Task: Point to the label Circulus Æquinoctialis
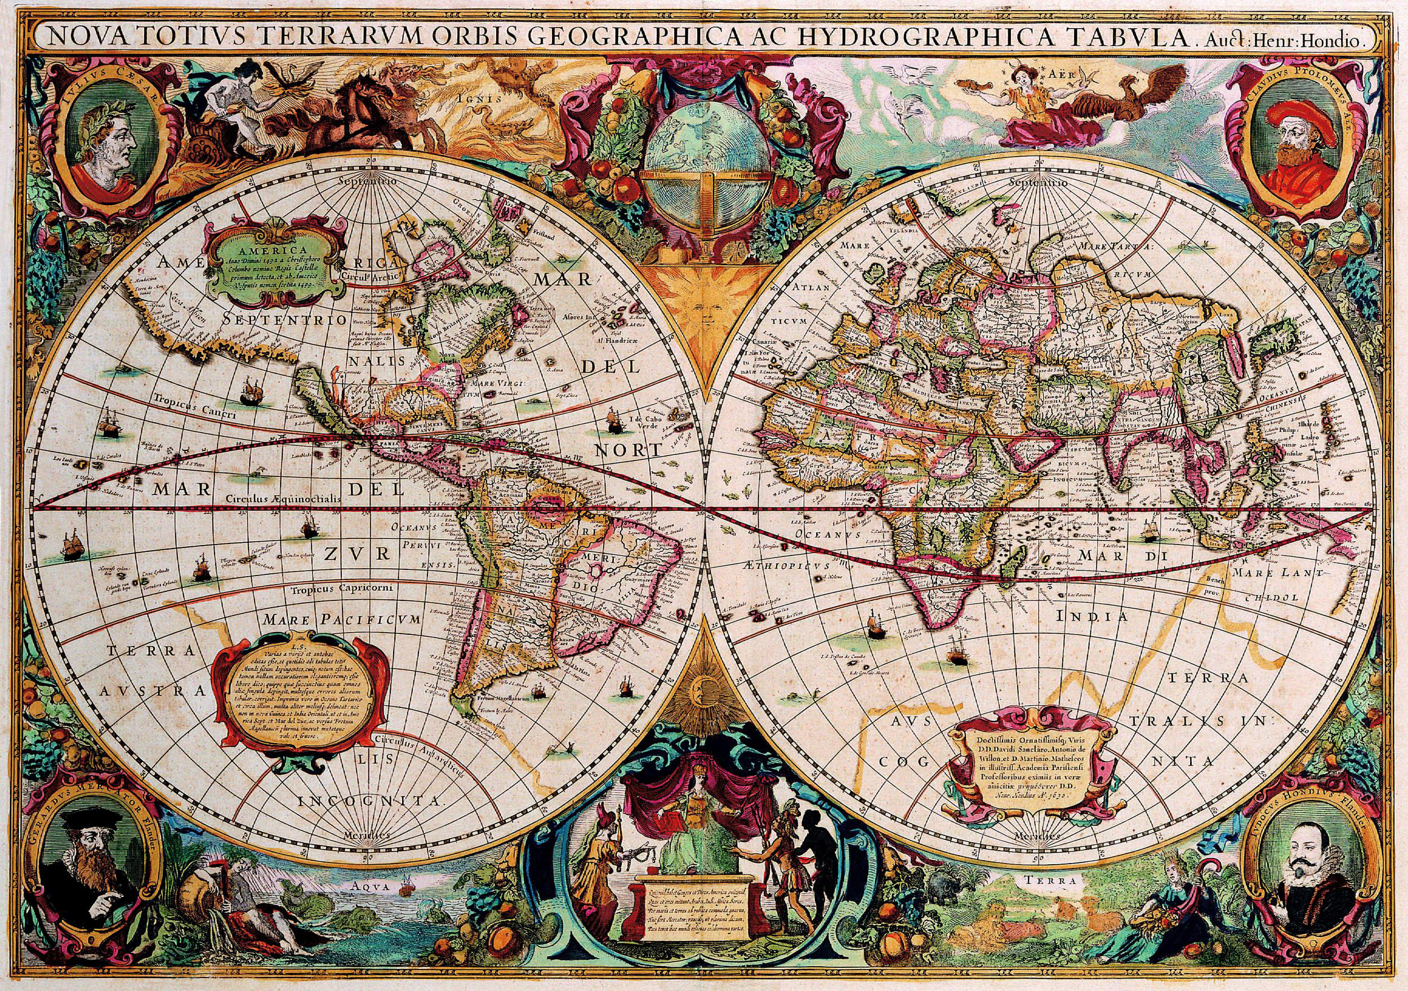[x=282, y=499]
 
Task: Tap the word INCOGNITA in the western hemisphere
[x=371, y=802]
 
